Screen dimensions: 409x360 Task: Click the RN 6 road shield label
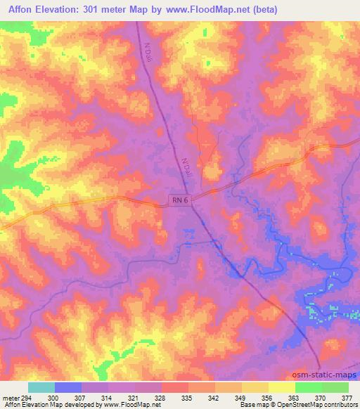(180, 200)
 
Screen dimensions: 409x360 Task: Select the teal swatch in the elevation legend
(41, 387)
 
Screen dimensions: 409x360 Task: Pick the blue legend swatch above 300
(68, 387)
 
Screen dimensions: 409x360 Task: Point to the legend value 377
(348, 398)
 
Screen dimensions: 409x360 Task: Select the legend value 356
(268, 398)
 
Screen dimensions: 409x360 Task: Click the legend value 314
(107, 398)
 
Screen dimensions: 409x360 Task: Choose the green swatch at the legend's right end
(335, 387)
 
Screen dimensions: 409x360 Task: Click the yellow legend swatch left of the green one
(281, 387)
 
